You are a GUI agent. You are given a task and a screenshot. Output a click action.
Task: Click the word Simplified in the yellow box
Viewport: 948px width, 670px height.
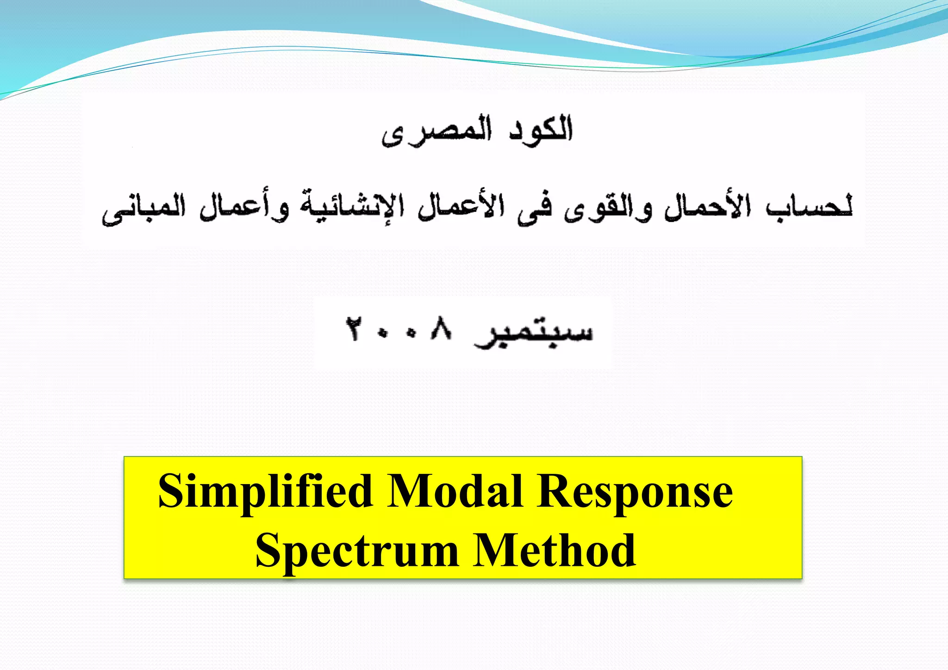point(265,491)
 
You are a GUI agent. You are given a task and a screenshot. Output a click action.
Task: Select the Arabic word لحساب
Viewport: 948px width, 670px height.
point(809,207)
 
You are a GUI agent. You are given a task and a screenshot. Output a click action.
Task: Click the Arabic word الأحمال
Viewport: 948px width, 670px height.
point(707,207)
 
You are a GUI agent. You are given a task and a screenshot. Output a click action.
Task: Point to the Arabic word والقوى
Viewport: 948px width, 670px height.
point(607,209)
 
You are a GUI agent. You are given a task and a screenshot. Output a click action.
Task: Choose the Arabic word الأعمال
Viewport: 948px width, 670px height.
point(461,207)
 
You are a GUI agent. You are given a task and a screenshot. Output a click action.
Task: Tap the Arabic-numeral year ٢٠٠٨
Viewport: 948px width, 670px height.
point(399,329)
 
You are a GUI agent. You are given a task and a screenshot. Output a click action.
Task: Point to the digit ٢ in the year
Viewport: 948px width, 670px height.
point(354,329)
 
